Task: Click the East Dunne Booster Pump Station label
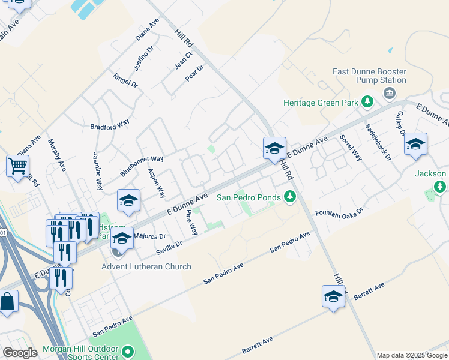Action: pos(369,76)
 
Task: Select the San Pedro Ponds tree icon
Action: pos(290,197)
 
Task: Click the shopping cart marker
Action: pos(17,165)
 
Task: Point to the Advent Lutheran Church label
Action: pos(146,266)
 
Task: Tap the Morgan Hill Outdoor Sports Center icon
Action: pos(127,351)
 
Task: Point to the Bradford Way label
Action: pos(110,125)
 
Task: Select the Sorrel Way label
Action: pos(351,148)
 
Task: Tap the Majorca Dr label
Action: pos(151,236)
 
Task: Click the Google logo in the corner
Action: pos(20,353)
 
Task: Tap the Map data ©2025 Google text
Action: pos(412,355)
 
